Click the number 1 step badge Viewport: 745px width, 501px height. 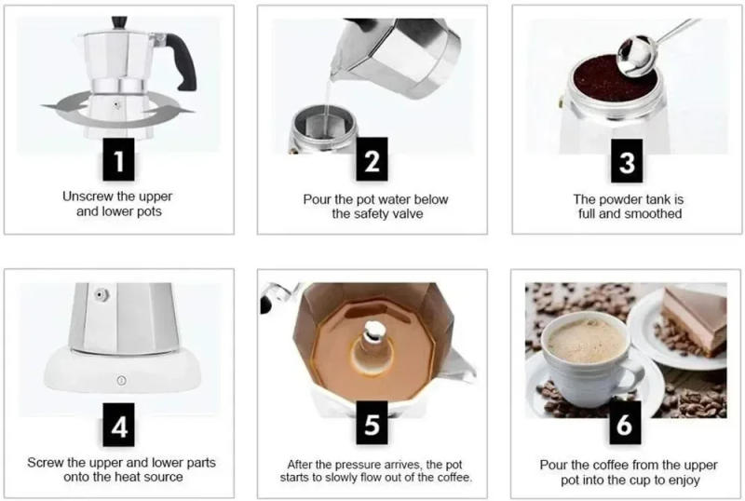click(x=119, y=161)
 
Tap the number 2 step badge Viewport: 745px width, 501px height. click(x=372, y=161)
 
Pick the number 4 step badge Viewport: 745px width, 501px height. click(x=119, y=426)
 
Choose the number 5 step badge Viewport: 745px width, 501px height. click(x=372, y=426)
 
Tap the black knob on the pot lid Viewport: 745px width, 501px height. click(x=118, y=21)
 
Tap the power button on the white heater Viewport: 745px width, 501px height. click(x=119, y=379)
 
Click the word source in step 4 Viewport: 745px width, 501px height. click(x=163, y=478)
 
